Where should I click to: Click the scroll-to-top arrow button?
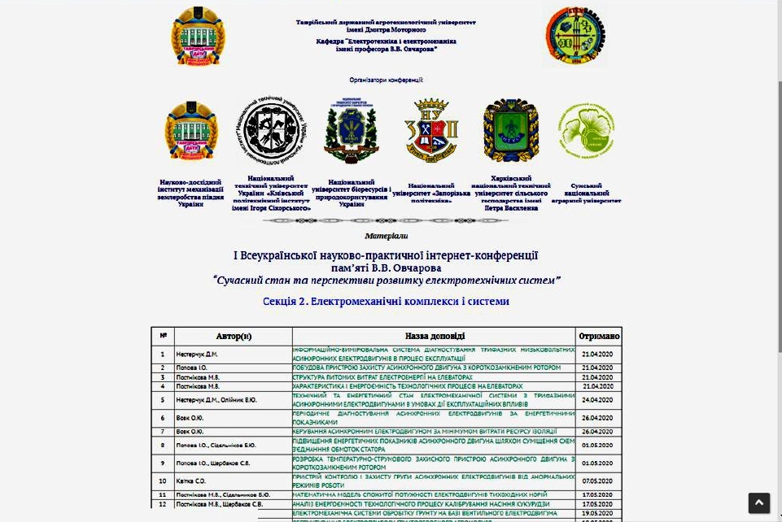tap(758, 502)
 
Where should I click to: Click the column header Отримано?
tap(599, 336)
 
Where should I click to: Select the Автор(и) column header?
tap(234, 336)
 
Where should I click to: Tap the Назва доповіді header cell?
tap(435, 336)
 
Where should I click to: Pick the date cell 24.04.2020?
tap(598, 399)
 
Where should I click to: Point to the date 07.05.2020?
tap(598, 481)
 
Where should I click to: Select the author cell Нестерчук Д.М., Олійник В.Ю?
tap(216, 399)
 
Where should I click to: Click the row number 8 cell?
tap(163, 445)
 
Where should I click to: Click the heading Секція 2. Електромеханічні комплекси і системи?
tap(386, 301)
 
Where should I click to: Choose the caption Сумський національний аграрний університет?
tap(586, 193)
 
